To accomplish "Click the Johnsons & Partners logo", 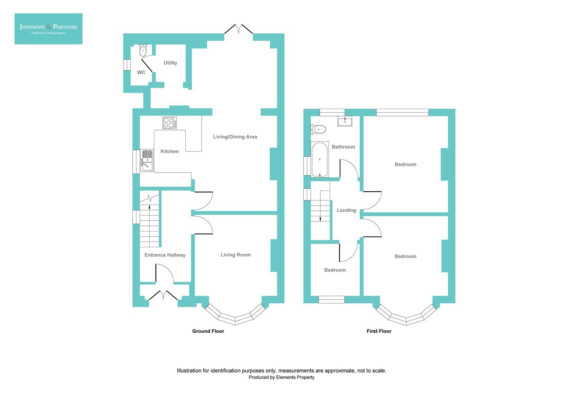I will tap(48, 29).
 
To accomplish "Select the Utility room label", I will tap(170, 63).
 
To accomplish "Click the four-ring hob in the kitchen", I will tap(169, 123).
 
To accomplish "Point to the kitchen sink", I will tap(147, 161).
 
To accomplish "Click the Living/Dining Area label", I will tap(235, 137).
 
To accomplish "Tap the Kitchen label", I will tap(169, 151).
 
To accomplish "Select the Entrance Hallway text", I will tap(165, 255).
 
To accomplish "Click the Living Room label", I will tap(235, 255).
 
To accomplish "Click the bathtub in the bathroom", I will tap(319, 160).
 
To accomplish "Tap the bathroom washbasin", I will tap(345, 121).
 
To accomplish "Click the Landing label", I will tap(346, 210).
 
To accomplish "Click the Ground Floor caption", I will tap(208, 331).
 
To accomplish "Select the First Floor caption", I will tap(379, 331).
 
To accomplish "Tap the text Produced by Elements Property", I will tap(281, 377).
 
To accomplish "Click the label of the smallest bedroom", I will tap(335, 270).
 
